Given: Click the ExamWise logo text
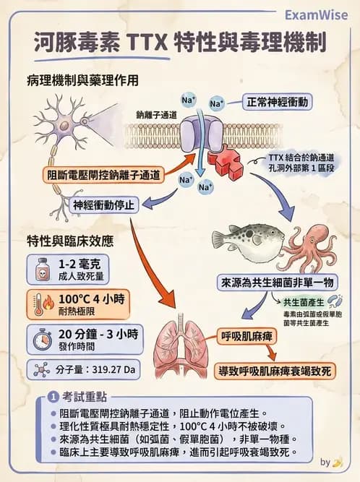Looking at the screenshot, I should pyautogui.click(x=317, y=14).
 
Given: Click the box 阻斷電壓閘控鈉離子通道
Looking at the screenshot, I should pyautogui.click(x=98, y=174).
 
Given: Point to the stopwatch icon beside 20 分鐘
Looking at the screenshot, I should pyautogui.click(x=39, y=338).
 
